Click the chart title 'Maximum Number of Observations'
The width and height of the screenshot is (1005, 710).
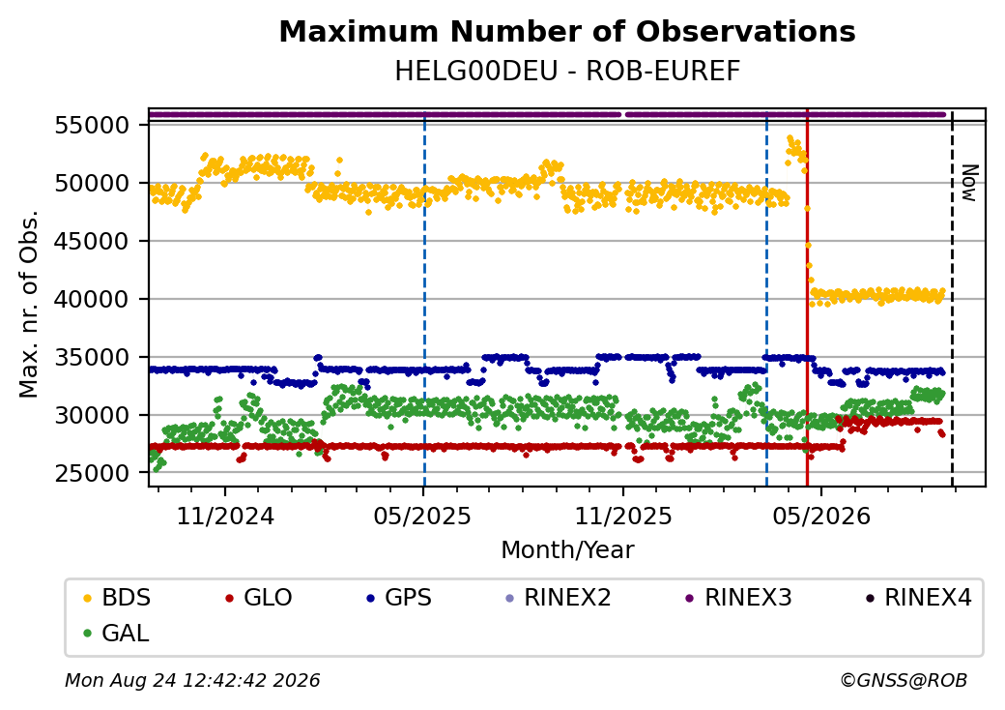[x=567, y=31]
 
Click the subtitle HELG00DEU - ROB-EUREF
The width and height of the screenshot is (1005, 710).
[x=567, y=72]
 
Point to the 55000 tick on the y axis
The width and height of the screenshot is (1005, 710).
[x=93, y=125]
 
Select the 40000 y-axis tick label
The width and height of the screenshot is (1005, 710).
[x=93, y=299]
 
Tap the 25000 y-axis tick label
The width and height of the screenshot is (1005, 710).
[x=93, y=473]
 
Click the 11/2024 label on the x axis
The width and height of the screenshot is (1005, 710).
[x=225, y=516]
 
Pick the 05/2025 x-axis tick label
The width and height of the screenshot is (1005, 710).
[x=423, y=516]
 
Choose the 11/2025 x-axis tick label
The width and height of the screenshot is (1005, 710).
[x=623, y=516]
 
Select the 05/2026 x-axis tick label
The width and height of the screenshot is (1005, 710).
[x=821, y=516]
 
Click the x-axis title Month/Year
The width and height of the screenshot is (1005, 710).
[x=567, y=550]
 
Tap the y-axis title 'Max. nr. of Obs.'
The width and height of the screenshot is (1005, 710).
[x=29, y=304]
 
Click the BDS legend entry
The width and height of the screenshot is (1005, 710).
[x=117, y=598]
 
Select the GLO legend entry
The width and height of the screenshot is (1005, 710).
[x=259, y=598]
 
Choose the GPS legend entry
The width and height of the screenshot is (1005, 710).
[x=399, y=598]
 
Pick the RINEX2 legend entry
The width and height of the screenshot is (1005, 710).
[x=559, y=598]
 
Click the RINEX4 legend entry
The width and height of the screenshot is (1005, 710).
[x=918, y=598]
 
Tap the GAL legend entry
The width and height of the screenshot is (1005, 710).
[x=117, y=633]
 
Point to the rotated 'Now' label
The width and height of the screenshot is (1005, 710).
[x=970, y=184]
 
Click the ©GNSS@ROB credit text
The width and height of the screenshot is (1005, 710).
[x=904, y=680]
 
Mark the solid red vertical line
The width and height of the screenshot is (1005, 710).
[x=807, y=298]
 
